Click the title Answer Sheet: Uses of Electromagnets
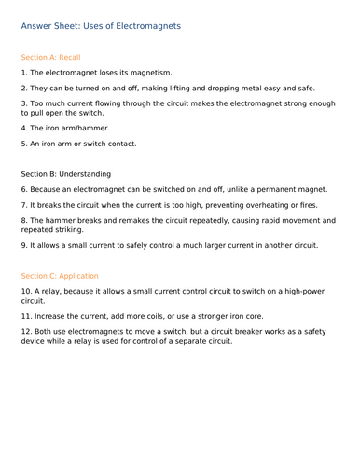point(100,26)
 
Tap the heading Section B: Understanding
point(65,173)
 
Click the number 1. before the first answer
point(24,72)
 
